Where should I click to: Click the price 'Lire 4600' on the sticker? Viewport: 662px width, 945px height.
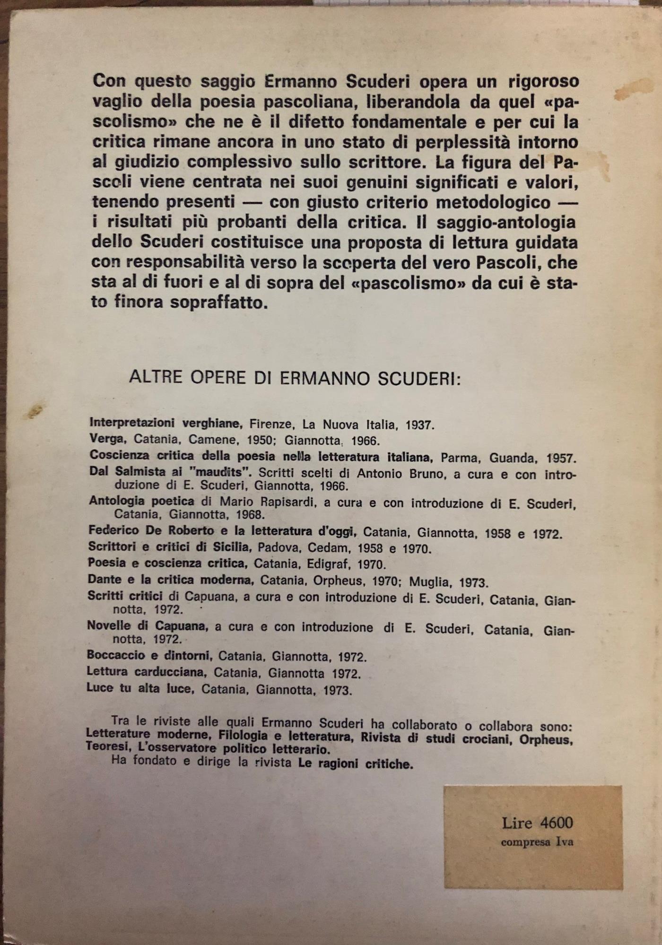[x=537, y=823]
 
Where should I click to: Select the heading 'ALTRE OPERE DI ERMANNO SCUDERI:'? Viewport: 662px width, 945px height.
[x=295, y=378]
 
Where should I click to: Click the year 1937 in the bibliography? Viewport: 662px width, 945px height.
[x=419, y=425]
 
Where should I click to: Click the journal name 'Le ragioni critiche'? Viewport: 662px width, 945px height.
[x=356, y=764]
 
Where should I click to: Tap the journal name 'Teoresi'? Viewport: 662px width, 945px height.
[x=105, y=749]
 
